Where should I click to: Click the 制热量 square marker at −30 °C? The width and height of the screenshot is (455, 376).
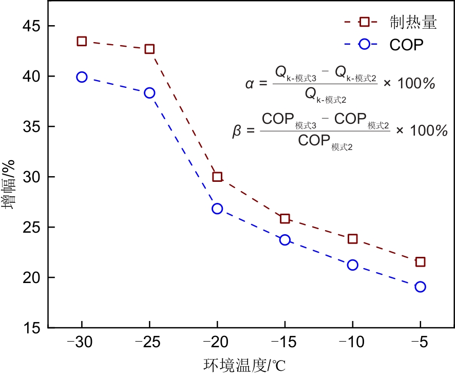[x=82, y=41]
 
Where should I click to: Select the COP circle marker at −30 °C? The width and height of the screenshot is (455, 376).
[x=82, y=77]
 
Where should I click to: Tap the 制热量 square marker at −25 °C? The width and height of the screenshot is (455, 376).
[x=149, y=49]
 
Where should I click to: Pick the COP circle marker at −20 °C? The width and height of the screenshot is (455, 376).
[x=217, y=209]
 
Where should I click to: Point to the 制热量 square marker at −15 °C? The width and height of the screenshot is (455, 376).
[x=285, y=219]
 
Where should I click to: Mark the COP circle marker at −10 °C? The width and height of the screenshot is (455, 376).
[x=353, y=265]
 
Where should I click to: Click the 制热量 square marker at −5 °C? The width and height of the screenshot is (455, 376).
[x=421, y=262]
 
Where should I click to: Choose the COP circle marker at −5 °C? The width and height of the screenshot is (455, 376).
[x=421, y=287]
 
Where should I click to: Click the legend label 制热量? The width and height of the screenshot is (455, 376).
[x=413, y=22]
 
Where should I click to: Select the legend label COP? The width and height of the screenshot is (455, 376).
[x=406, y=45]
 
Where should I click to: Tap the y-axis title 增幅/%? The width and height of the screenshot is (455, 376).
[x=10, y=185]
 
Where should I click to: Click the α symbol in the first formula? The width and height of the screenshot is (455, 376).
[x=250, y=83]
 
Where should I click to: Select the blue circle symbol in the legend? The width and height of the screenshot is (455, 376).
[x=365, y=44]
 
